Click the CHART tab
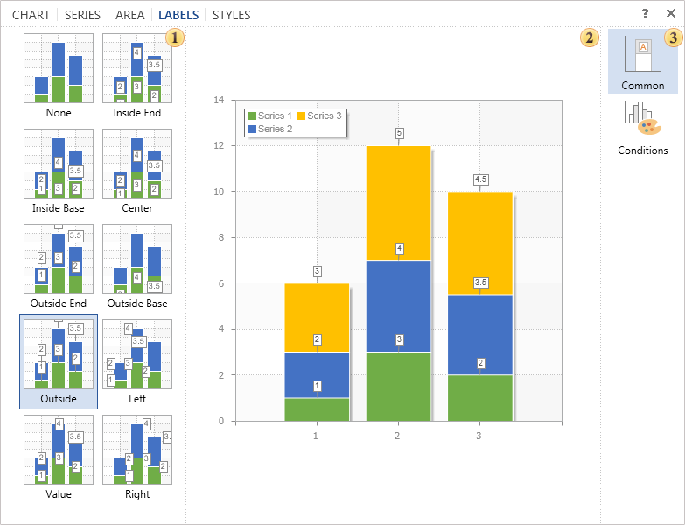point(31,15)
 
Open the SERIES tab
point(82,15)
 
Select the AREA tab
point(130,15)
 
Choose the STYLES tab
point(231,15)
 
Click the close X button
point(670,14)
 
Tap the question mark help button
point(645,14)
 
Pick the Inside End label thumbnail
point(137,69)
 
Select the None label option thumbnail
point(59,69)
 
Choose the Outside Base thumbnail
point(137,260)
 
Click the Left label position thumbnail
point(137,354)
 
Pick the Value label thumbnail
point(59,450)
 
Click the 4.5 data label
point(480,179)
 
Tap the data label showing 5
point(399,133)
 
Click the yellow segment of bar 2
point(398,203)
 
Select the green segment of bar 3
point(479,398)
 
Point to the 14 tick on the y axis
point(220,100)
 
